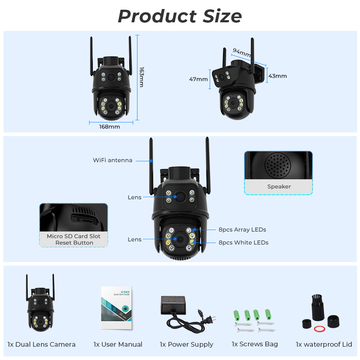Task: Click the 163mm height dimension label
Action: tap(141, 77)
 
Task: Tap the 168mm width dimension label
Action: tap(109, 127)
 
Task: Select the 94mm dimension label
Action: tap(242, 53)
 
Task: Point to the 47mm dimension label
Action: tap(198, 79)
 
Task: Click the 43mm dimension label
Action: tap(278, 76)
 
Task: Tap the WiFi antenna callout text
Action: tap(112, 160)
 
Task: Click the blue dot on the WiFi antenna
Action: tap(151, 160)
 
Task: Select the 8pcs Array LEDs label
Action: tap(242, 230)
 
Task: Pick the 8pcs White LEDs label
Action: tap(243, 243)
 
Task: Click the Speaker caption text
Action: tap(279, 186)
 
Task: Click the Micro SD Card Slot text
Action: tap(73, 236)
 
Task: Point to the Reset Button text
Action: tap(74, 243)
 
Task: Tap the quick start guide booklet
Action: tap(116, 308)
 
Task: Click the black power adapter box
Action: tap(173, 305)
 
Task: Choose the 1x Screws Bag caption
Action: tap(255, 344)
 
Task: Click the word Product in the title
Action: tap(156, 16)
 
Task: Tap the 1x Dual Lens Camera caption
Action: tap(41, 345)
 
